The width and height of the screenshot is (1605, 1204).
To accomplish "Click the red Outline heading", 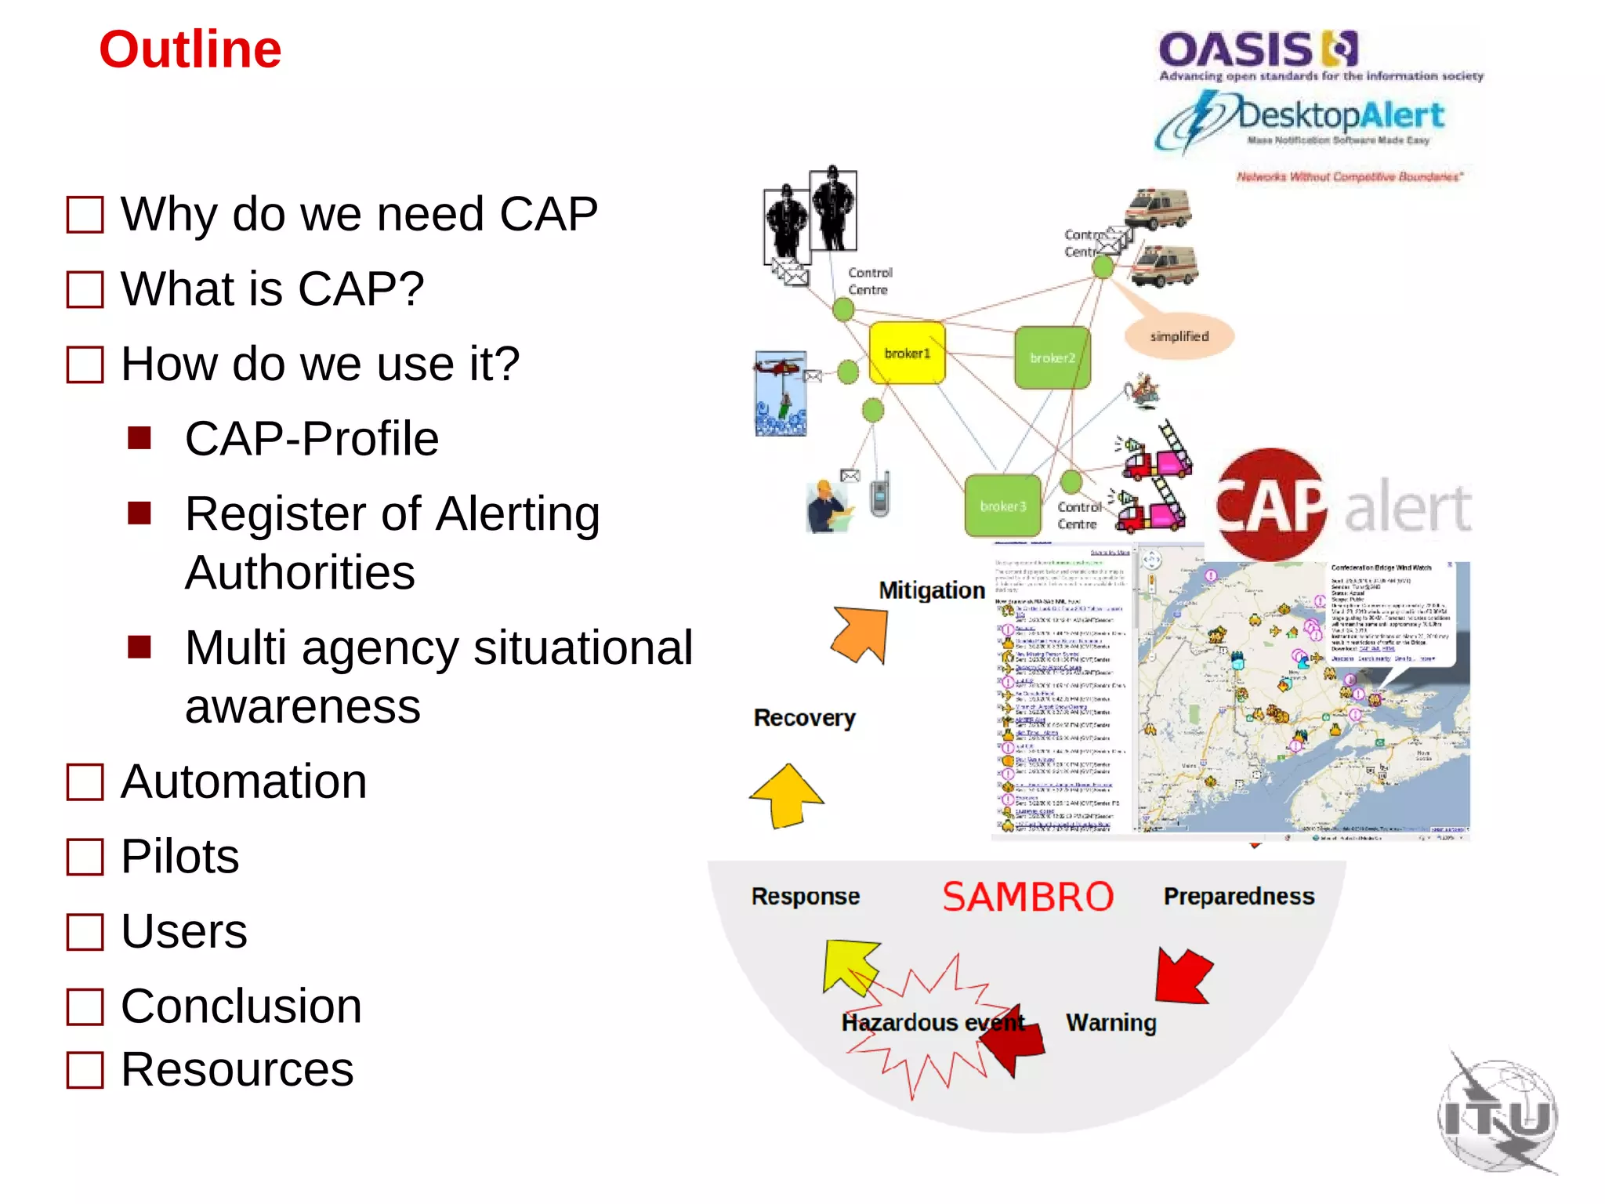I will pos(190,49).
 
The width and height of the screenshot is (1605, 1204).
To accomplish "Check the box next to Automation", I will pos(85,782).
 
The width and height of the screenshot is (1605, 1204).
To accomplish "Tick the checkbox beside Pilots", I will pos(85,857).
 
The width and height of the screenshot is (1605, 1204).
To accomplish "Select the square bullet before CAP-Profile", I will pos(139,437).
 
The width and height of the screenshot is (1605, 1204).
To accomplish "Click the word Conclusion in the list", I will pos(241,1006).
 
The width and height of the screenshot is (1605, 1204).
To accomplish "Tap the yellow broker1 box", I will pos(907,353).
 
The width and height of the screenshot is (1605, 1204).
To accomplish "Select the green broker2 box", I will pos(1052,357).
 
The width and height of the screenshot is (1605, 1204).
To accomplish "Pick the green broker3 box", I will pos(1002,506).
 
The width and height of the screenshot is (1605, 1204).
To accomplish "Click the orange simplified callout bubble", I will pos(1179,336).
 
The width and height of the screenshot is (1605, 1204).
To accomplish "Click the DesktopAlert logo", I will pos(1301,120).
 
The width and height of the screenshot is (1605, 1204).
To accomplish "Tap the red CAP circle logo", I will pos(1270,505).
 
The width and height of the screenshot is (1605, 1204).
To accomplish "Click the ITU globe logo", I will pos(1498,1115).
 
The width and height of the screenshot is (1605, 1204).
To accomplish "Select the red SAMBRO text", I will pos(1027,897).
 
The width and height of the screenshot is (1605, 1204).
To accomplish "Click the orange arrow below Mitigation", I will pos(861,633).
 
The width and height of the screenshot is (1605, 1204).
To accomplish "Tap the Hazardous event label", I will pos(933,1023).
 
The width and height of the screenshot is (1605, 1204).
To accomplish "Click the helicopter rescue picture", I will pos(781,393).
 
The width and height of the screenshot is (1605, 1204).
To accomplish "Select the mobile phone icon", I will pos(880,494).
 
